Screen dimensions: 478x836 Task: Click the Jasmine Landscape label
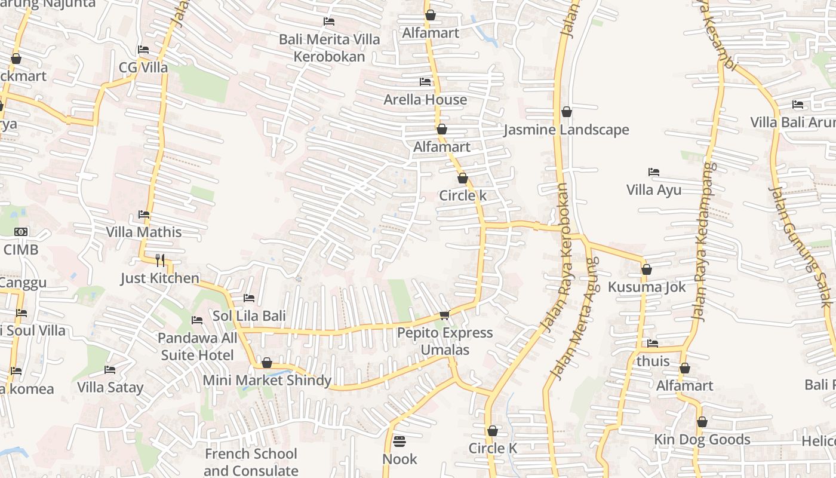tap(566, 130)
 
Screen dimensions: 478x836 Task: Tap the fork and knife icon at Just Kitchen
tap(160, 260)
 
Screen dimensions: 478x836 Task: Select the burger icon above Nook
tap(399, 442)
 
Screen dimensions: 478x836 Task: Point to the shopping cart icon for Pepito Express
tap(444, 315)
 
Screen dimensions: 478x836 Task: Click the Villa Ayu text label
tap(654, 190)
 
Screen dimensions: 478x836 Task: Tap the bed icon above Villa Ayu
tap(654, 172)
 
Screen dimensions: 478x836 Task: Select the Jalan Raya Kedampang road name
tap(702, 242)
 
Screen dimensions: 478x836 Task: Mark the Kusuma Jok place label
tap(647, 287)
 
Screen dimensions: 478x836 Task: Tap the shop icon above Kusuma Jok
tap(646, 269)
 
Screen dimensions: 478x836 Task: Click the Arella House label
tap(425, 99)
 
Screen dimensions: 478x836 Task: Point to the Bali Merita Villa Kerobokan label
tap(329, 48)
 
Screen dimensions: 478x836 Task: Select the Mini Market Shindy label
tap(267, 380)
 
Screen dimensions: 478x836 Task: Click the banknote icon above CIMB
tap(21, 232)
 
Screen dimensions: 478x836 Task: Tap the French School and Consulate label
tap(251, 462)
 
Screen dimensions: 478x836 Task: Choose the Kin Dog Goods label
tap(702, 440)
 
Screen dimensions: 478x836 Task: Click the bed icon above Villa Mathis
tap(144, 215)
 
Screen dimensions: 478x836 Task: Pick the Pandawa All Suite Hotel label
tap(197, 347)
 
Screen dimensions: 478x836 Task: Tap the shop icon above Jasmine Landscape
tap(567, 112)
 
